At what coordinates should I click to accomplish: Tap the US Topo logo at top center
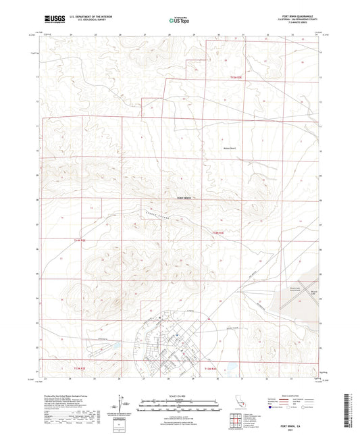tap(180, 20)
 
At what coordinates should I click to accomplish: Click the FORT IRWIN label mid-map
tap(184, 198)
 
